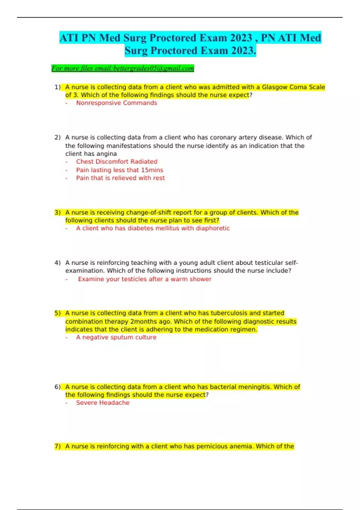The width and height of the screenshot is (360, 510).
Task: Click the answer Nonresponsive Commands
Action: click(116, 103)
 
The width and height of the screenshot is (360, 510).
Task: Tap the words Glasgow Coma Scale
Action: click(293, 87)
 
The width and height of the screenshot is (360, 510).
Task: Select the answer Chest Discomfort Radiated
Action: click(116, 161)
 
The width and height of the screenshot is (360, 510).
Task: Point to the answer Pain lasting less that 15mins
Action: click(119, 170)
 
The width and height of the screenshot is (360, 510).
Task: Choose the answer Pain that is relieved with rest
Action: click(120, 178)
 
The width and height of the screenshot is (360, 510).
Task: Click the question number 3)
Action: click(58, 212)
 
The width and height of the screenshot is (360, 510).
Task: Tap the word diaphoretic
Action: click(213, 228)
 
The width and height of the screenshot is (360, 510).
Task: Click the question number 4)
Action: click(58, 262)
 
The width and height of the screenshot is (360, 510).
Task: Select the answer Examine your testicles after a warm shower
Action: click(145, 279)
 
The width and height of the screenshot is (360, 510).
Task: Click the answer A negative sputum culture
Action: click(116, 337)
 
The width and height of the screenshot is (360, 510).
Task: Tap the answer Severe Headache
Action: click(103, 403)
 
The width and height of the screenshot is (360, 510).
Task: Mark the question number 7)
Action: click(58, 446)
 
